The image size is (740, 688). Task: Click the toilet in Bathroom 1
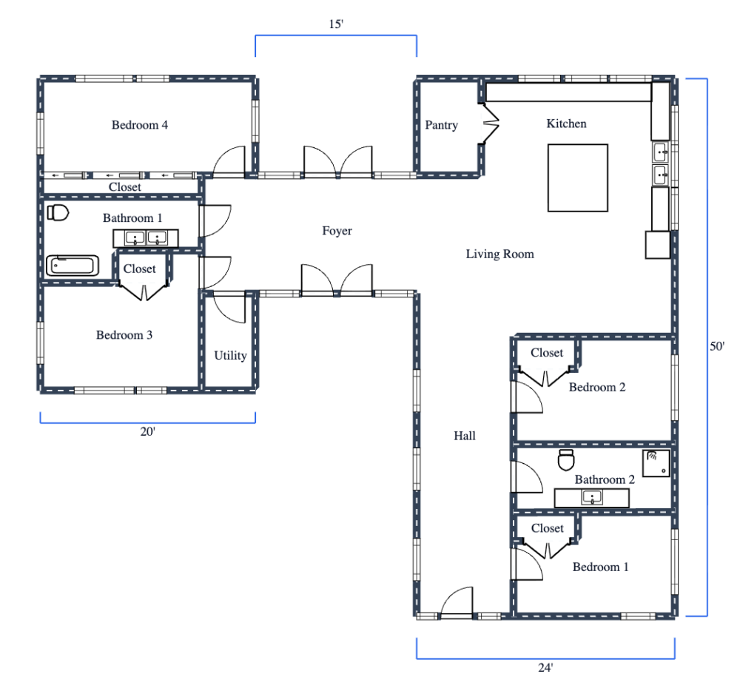point(58,214)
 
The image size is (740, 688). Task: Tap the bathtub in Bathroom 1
point(73,266)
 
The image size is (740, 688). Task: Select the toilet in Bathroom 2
point(567,460)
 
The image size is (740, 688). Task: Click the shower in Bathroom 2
point(656,463)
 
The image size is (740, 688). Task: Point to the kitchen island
point(577,178)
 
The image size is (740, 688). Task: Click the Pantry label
point(441,126)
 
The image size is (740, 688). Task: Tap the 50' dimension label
point(717,346)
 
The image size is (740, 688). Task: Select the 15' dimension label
point(335,24)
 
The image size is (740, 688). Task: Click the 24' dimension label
point(545,668)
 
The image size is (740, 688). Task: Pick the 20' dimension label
point(148,432)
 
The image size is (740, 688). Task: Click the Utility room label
point(230,356)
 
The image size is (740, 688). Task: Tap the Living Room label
point(499,254)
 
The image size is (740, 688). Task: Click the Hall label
point(465,436)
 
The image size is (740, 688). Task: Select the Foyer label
point(337,232)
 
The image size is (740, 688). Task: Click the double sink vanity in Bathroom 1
point(145,238)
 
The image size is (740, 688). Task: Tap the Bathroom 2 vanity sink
point(591,497)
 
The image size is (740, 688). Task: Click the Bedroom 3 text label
point(124,335)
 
